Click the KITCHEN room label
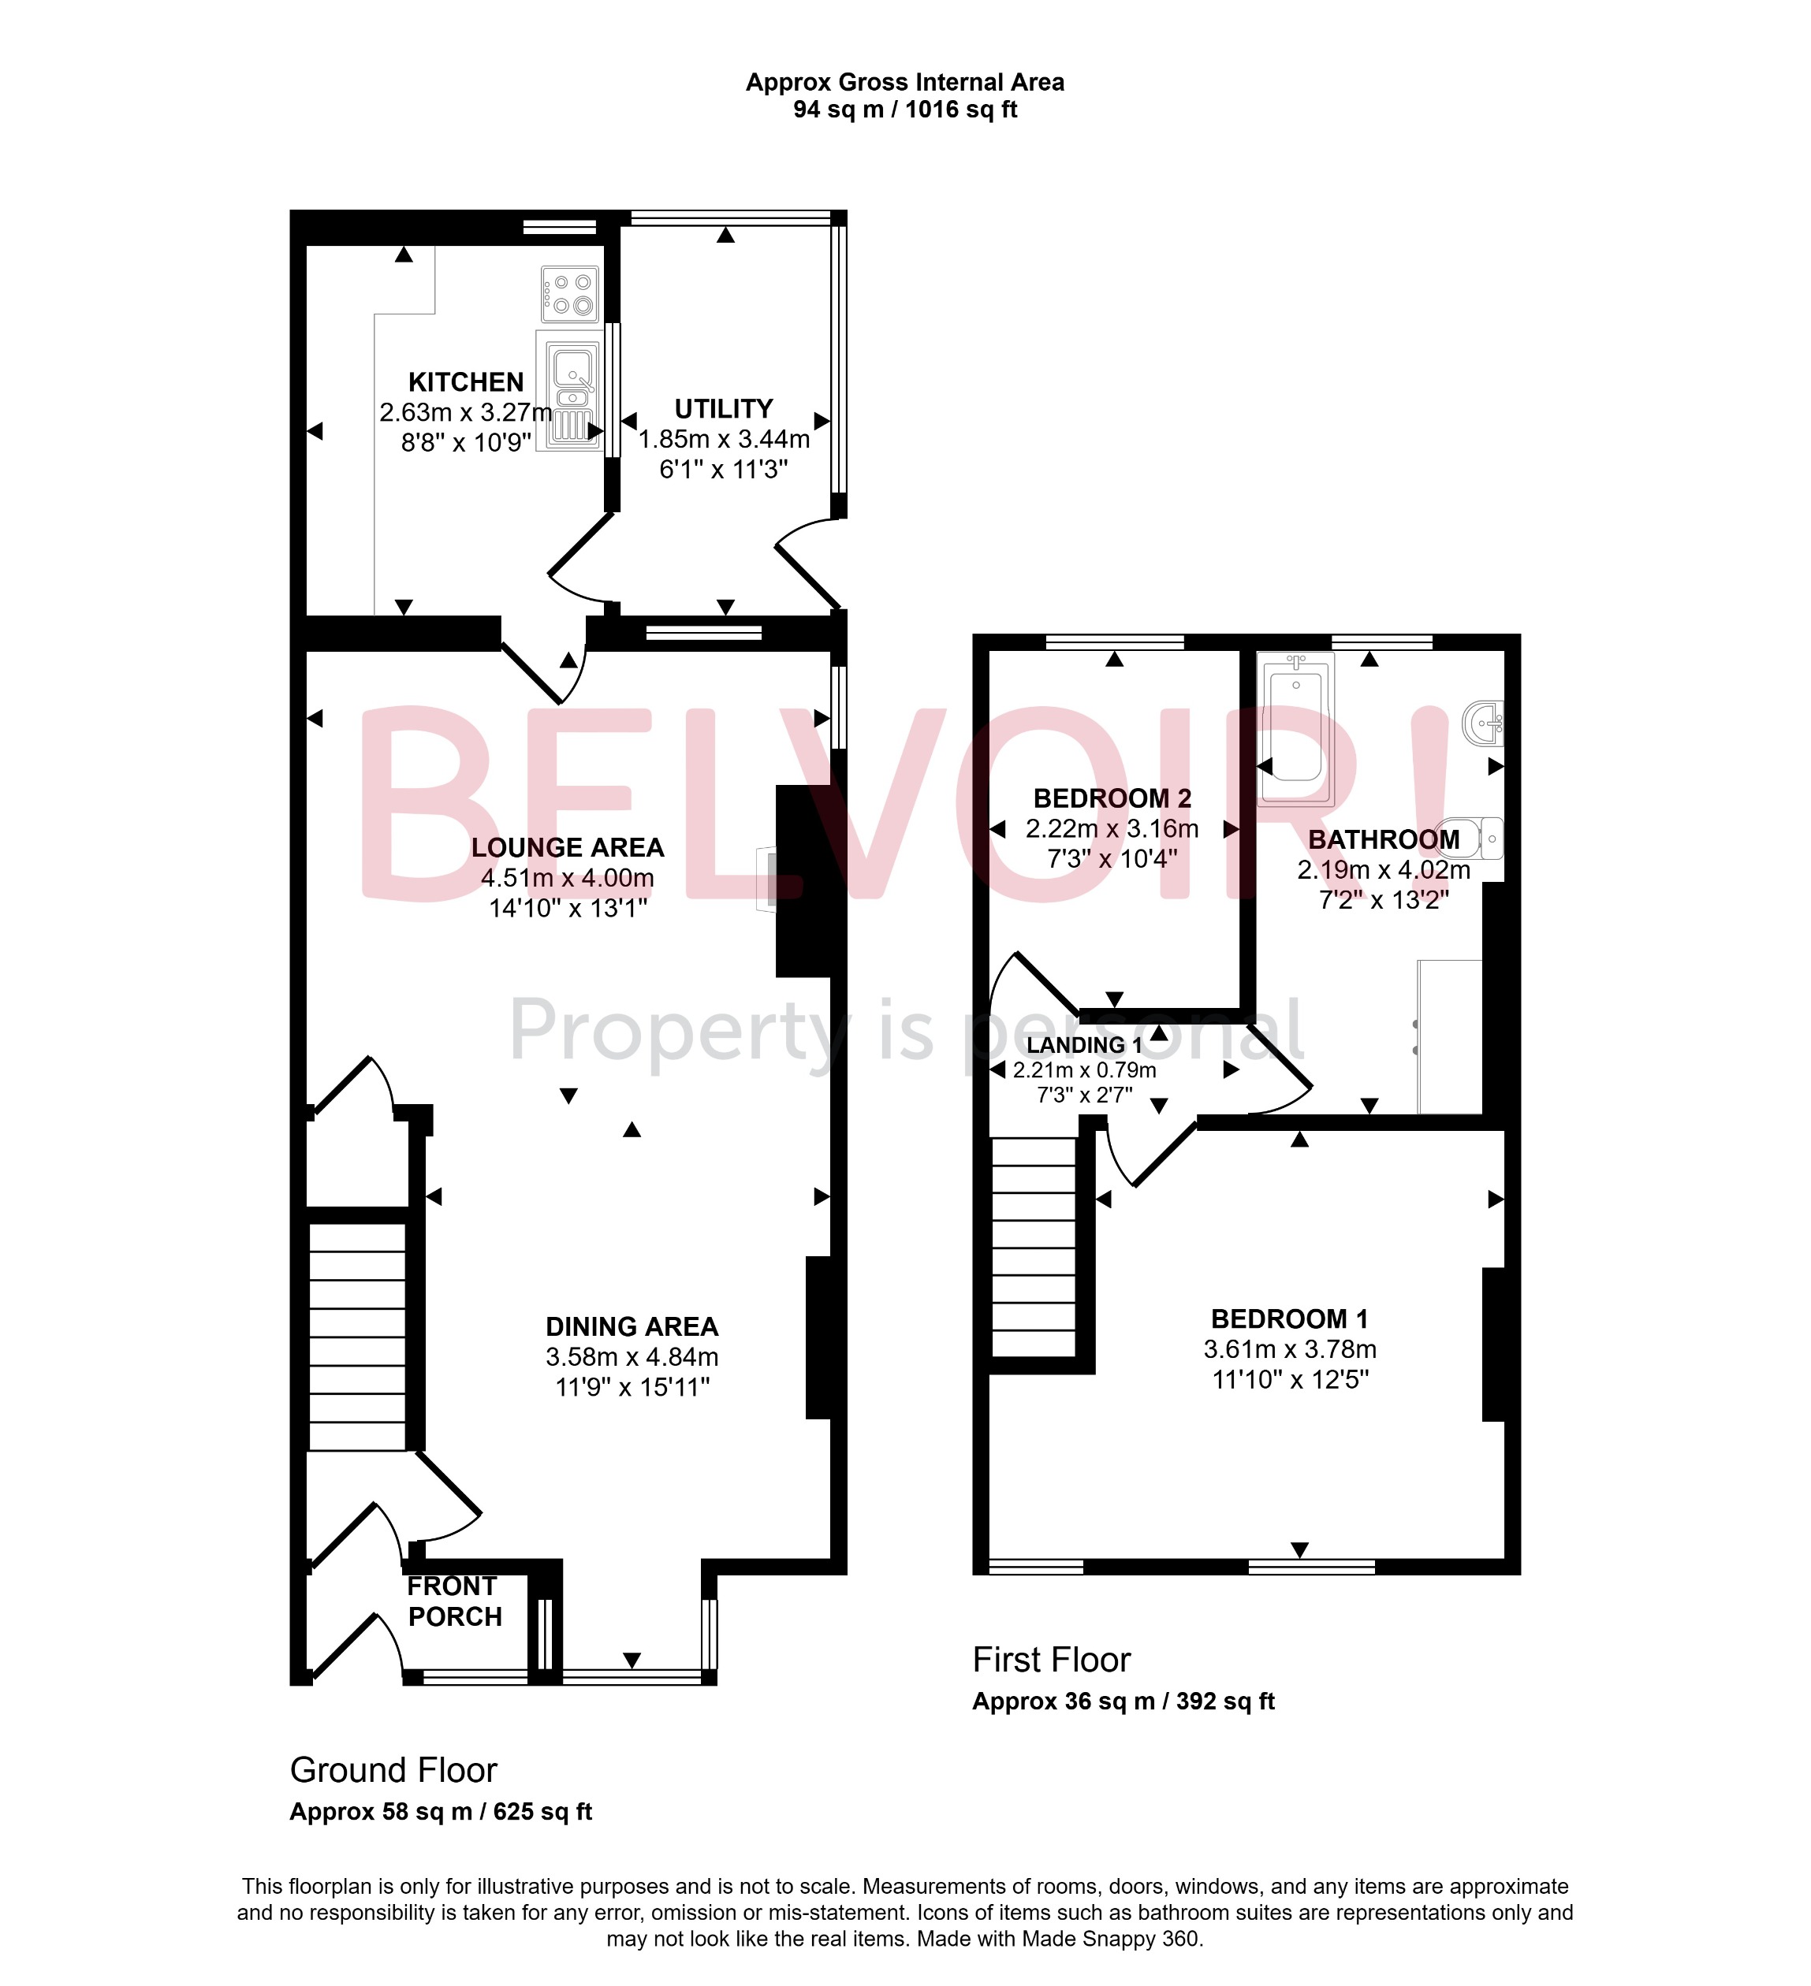pyautogui.click(x=465, y=382)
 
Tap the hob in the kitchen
pyautogui.click(x=569, y=293)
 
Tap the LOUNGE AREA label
pyautogui.click(x=568, y=848)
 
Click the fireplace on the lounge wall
pyautogui.click(x=766, y=879)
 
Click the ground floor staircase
pyautogui.click(x=358, y=1336)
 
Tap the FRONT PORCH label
pyautogui.click(x=454, y=1601)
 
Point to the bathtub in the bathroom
pyautogui.click(x=1295, y=729)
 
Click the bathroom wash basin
pyautogui.click(x=1484, y=723)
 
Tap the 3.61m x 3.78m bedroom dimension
pyautogui.click(x=1290, y=1349)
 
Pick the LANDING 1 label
pyautogui.click(x=1084, y=1045)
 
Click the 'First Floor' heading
pyautogui.click(x=1050, y=1660)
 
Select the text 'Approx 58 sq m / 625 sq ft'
pyautogui.click(x=441, y=1812)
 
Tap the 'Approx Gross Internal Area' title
pyautogui.click(x=904, y=83)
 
